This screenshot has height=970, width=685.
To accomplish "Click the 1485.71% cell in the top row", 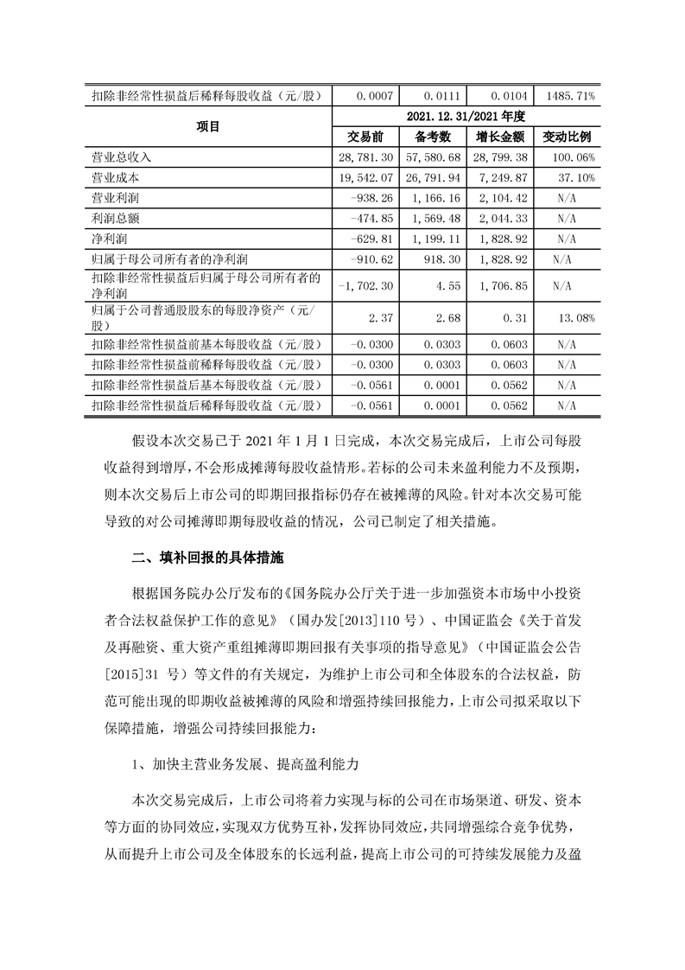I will click(x=566, y=97).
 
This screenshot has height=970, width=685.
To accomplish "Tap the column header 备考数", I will click(x=434, y=137).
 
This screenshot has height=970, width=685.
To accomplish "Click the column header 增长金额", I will click(x=499, y=137).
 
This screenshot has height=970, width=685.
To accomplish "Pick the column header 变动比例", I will click(x=566, y=137).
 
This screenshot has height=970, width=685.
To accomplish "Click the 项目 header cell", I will click(x=208, y=127).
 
